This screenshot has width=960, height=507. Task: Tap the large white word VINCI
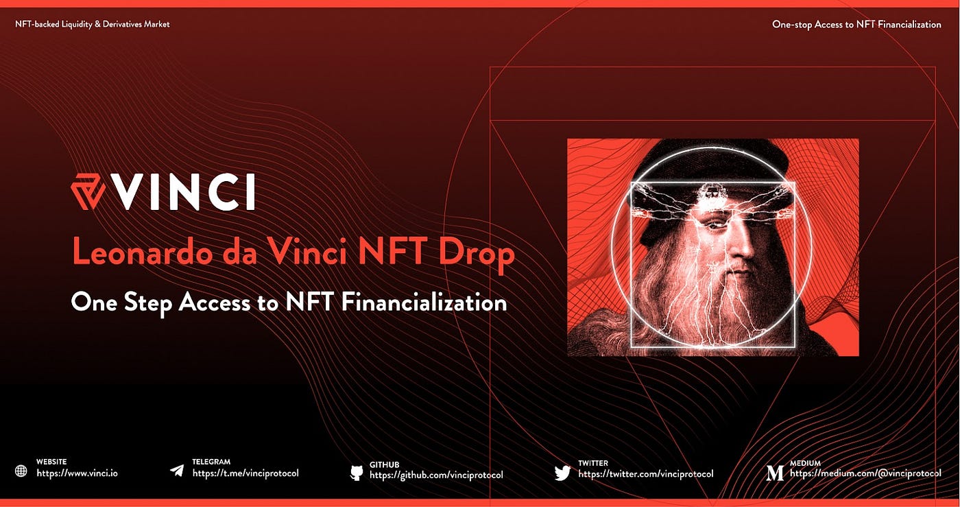[186, 193]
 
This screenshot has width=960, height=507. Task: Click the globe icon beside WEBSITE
[21, 471]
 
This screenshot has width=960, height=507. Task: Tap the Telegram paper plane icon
[177, 471]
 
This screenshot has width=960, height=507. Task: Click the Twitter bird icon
[562, 472]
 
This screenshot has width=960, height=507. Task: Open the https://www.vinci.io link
[77, 473]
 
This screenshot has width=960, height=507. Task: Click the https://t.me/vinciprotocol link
[245, 473]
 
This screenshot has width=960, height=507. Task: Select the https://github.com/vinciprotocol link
[436, 475]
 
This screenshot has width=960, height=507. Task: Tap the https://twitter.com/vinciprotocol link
[645, 474]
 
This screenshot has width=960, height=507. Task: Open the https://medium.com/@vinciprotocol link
[865, 473]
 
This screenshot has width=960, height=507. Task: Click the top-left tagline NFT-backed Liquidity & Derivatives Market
[93, 24]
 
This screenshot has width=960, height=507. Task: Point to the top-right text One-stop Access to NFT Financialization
[856, 24]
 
